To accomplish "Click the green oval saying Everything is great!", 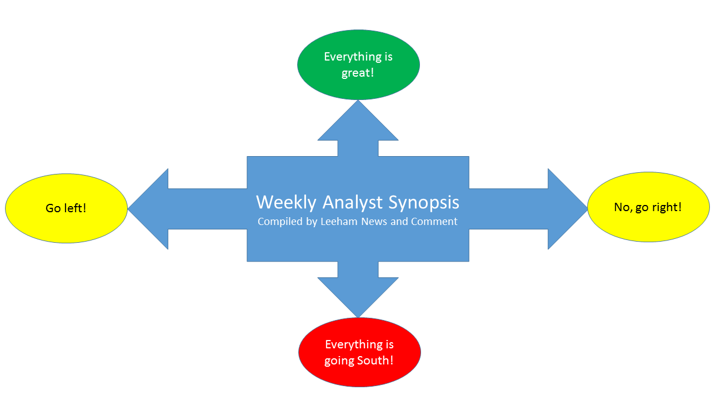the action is click(x=358, y=65).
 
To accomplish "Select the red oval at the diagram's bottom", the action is click(x=359, y=352).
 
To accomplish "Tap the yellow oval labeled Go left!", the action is click(x=66, y=208).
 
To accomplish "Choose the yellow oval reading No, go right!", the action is click(x=648, y=207).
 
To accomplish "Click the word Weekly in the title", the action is click(x=286, y=203).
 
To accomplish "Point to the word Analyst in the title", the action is click(x=353, y=203).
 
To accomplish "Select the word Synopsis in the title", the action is click(x=424, y=203).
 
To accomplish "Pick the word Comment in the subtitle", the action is click(x=434, y=221).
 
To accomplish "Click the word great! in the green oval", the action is click(x=358, y=73).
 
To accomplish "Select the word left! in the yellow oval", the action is click(x=75, y=208).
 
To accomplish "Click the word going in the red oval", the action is click(x=339, y=361).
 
